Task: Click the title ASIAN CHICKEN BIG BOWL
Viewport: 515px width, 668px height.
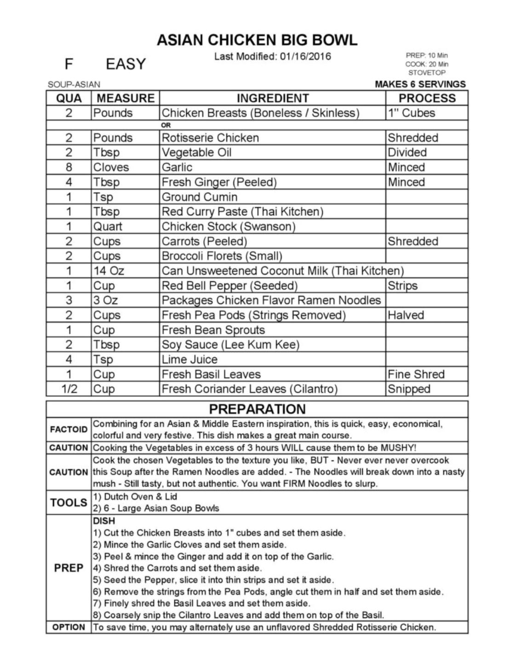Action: (257, 40)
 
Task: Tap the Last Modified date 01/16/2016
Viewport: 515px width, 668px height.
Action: (305, 57)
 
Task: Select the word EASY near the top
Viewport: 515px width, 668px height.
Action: (126, 64)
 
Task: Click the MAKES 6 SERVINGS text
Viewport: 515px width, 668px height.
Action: (420, 84)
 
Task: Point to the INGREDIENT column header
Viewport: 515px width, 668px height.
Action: (273, 98)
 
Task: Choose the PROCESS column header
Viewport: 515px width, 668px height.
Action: (427, 98)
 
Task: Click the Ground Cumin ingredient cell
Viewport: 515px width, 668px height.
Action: (199, 197)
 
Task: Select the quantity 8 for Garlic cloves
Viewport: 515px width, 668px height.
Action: (69, 167)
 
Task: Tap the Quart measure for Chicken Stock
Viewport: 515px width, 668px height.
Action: (108, 227)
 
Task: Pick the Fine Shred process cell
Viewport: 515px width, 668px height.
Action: (416, 374)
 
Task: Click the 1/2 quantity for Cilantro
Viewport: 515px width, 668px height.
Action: (69, 389)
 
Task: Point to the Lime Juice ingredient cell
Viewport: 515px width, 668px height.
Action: (189, 360)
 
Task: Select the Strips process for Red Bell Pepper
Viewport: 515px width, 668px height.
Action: (402, 285)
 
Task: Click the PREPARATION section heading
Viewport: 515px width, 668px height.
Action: (257, 409)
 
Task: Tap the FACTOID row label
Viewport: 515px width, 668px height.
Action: (69, 430)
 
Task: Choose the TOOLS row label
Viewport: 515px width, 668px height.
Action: (69, 502)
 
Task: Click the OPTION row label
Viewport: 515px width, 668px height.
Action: (69, 627)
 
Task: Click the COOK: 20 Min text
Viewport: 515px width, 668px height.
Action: (427, 64)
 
